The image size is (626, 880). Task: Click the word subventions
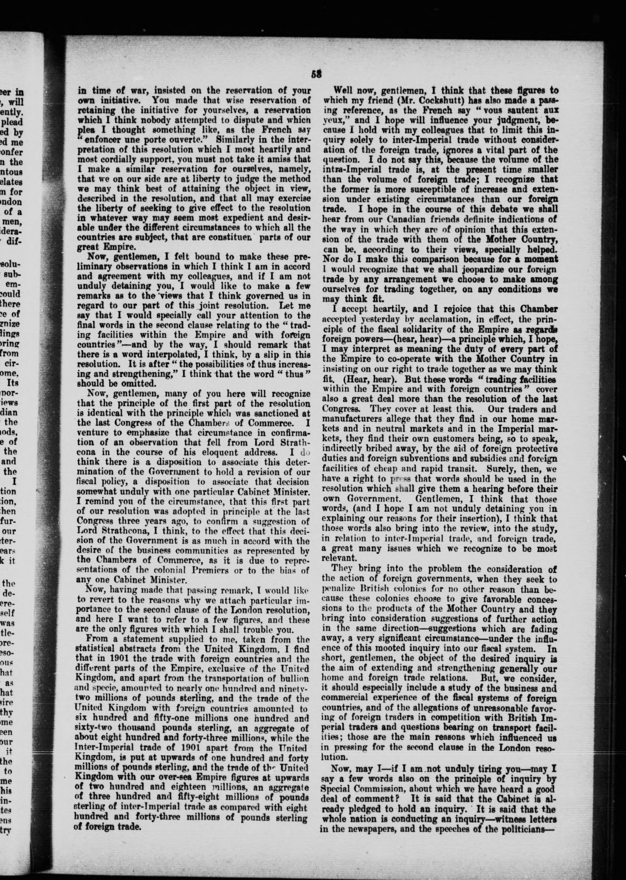[x=433, y=459]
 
